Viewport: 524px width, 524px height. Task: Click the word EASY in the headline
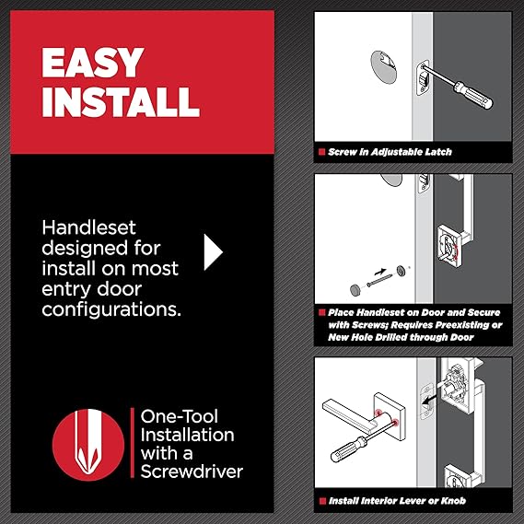tap(92, 63)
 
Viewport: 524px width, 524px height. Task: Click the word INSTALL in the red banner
tap(121, 101)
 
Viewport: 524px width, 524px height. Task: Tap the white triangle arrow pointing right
tap(213, 252)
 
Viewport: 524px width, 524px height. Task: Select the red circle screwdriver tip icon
tap(88, 445)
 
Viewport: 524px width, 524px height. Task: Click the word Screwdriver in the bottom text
tap(192, 472)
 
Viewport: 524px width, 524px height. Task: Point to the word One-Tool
tap(180, 416)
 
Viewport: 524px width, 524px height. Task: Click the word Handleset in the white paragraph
tap(89, 227)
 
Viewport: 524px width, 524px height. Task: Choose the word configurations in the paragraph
tap(111, 309)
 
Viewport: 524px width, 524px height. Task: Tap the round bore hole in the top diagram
tap(383, 67)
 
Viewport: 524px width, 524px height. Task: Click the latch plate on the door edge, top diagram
tap(423, 77)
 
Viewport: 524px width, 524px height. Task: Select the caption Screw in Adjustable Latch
tap(390, 152)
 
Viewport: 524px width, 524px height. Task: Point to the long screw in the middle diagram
tap(379, 280)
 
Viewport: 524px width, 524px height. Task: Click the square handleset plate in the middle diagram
tap(449, 246)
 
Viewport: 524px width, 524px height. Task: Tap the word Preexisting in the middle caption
tap(461, 325)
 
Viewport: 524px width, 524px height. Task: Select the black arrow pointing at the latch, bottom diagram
tap(430, 398)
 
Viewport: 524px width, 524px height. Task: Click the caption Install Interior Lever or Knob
tap(397, 501)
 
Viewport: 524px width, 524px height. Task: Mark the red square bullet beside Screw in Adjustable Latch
tap(321, 152)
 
